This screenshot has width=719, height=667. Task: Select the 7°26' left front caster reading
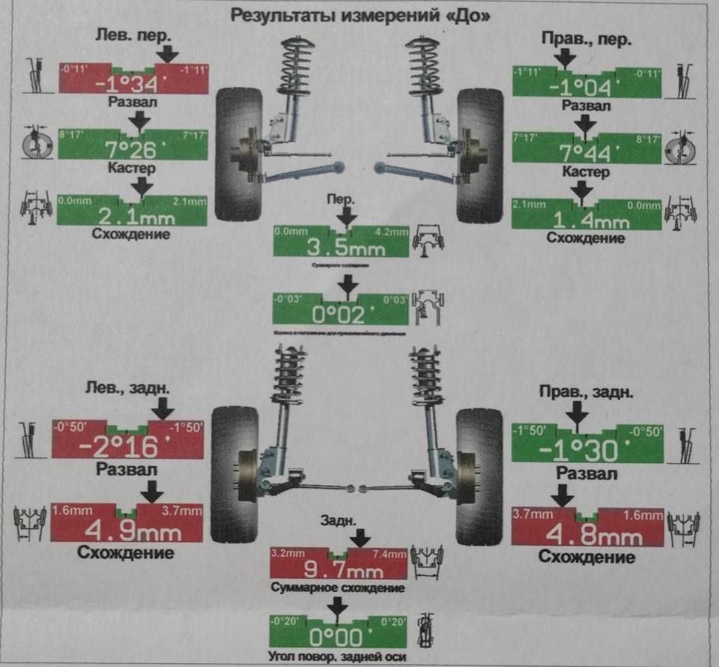coord(132,147)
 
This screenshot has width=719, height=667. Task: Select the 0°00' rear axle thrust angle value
coord(339,637)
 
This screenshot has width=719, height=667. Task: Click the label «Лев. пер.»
coord(134,36)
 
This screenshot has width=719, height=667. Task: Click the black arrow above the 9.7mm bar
coord(360,537)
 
